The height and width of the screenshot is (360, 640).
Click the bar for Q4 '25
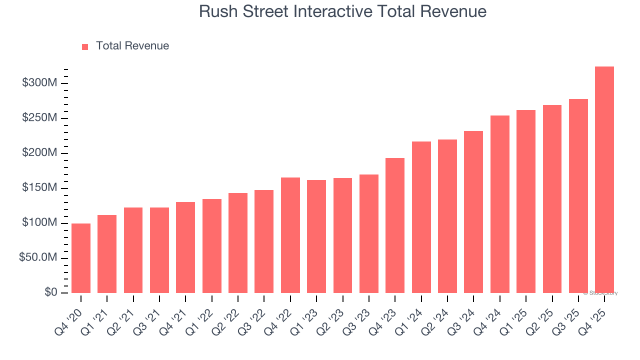click(604, 180)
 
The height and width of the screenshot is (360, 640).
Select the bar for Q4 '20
click(81, 258)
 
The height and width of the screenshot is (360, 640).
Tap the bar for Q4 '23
click(395, 225)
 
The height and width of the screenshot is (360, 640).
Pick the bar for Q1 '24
click(421, 217)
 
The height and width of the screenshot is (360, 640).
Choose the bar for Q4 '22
click(290, 235)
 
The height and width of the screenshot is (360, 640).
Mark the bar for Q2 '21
click(133, 250)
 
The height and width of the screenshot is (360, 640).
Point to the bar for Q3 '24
click(473, 212)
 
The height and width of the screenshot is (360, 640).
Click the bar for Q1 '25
click(526, 201)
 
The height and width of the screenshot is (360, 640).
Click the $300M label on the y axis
click(39, 83)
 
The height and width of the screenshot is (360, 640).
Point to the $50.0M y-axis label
click(38, 258)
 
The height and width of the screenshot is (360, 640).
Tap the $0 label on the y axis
click(50, 292)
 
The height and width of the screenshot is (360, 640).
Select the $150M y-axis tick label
click(39, 188)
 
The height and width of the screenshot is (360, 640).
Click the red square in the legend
click(85, 46)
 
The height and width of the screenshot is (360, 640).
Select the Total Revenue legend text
click(132, 46)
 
